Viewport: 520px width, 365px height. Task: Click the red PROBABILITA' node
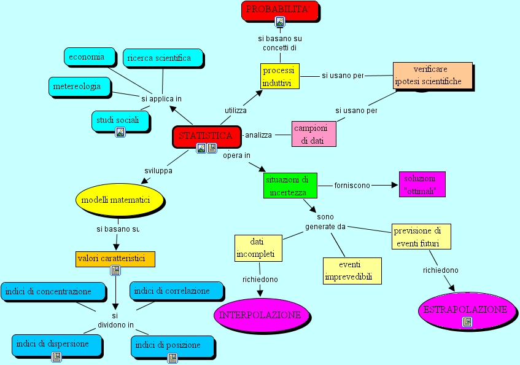pos(280,11)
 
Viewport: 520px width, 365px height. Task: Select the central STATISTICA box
pos(207,136)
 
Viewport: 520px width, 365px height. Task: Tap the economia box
pos(90,57)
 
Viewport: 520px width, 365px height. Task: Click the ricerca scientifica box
pos(163,58)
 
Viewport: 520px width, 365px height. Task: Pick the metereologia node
pos(79,87)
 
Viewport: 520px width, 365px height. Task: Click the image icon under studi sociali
pos(120,132)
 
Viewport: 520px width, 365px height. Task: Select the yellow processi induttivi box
pos(280,76)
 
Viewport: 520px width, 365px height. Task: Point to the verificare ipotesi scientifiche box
pos(433,76)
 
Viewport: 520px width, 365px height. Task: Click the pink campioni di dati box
pos(314,134)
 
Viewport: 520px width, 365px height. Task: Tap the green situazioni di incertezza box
pos(290,186)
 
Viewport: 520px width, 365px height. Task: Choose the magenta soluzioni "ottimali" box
pos(422,184)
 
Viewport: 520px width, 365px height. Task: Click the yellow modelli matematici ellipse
pos(120,200)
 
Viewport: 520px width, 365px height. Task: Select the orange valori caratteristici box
pos(115,259)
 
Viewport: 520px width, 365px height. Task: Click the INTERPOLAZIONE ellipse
pos(262,315)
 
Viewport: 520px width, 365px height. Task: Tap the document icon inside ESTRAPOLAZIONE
pos(467,322)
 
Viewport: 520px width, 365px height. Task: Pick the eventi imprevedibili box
pos(352,271)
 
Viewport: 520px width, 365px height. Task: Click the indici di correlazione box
pos(176,291)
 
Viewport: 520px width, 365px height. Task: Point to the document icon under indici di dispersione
pos(56,357)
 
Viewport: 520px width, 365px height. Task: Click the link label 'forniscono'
pos(352,186)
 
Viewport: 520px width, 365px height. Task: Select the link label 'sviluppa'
pos(158,171)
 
